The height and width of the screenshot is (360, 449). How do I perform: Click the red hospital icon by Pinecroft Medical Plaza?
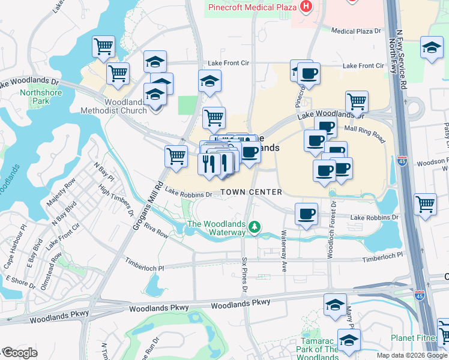(306, 7)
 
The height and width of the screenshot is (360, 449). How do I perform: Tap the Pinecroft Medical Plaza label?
(252, 7)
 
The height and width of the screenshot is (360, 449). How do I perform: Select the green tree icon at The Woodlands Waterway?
(255, 226)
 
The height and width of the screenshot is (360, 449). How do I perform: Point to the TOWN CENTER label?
(251, 192)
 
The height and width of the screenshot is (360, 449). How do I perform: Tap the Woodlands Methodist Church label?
(116, 106)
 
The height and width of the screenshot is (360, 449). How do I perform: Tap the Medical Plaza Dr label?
(356, 31)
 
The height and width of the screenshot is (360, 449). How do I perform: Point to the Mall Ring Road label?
(365, 133)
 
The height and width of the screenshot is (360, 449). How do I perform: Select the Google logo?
(19, 353)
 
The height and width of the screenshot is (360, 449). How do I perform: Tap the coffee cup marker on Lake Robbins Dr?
(306, 213)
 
